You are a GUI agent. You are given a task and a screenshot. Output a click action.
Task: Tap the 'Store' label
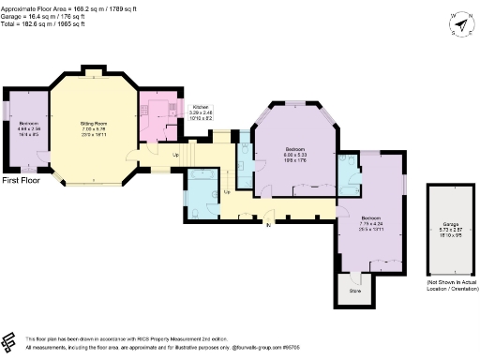355,292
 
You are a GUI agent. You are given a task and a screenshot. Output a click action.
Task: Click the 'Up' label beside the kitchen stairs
174,154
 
